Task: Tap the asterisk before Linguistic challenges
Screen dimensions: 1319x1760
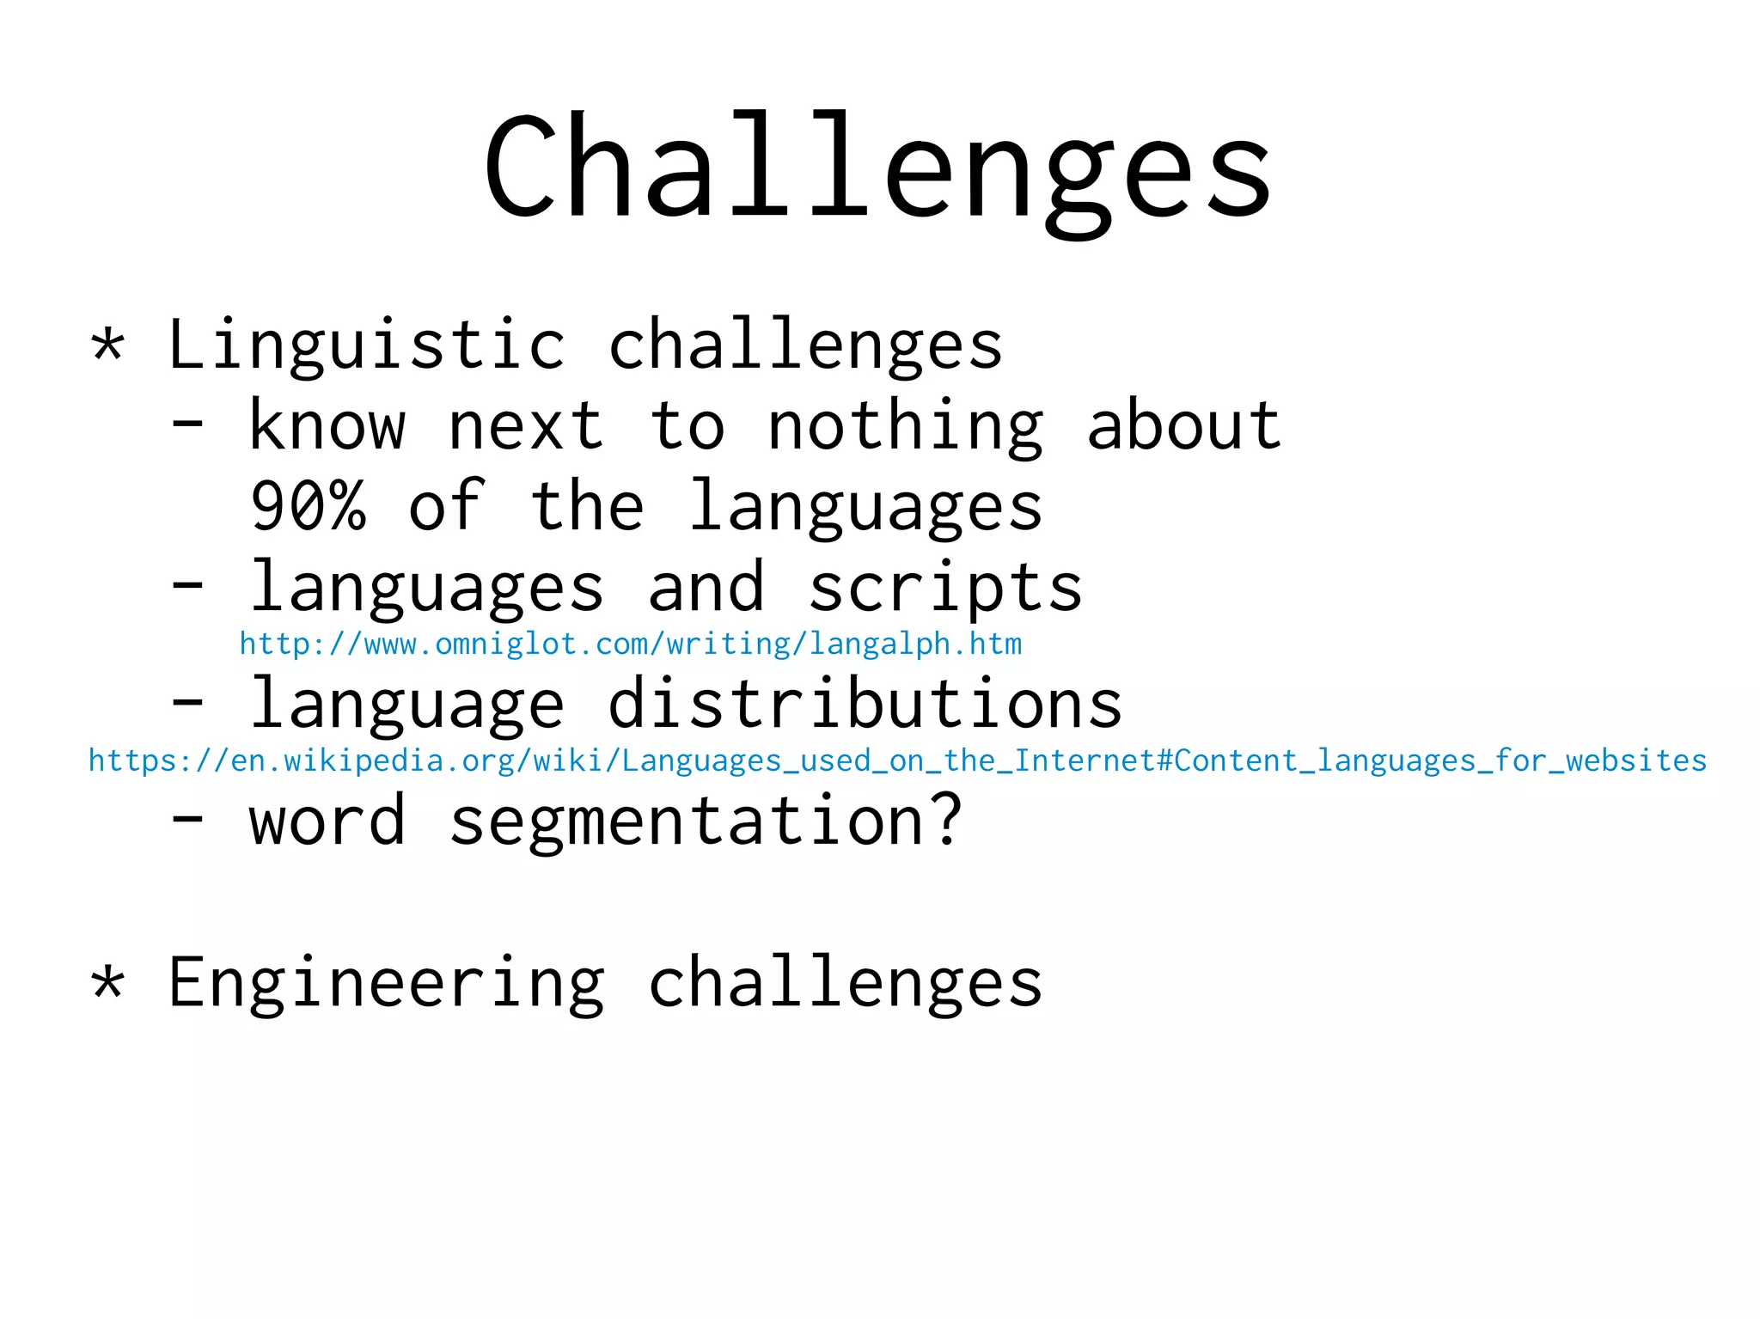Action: [108, 346]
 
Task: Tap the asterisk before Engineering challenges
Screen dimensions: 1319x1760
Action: [108, 983]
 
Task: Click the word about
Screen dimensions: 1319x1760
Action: [1184, 426]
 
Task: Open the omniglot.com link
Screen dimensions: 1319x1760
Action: [630, 644]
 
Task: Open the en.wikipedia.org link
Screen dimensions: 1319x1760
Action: [896, 761]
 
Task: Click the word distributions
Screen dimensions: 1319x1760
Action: [865, 704]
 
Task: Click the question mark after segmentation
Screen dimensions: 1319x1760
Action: [945, 820]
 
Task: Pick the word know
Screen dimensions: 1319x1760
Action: [327, 426]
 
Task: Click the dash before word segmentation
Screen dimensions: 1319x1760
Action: [188, 820]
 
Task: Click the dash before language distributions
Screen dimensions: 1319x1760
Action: [188, 703]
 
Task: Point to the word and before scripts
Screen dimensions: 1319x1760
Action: [706, 588]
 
